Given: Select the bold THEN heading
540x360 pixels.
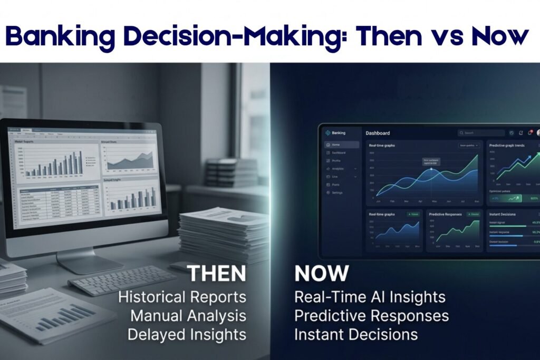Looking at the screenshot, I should (217, 273).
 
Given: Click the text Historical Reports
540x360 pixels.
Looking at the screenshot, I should (182, 297).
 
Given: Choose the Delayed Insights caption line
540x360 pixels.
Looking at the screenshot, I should (187, 334).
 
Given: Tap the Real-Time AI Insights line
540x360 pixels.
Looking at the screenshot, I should (370, 297).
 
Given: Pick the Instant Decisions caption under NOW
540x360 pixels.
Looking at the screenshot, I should (356, 334).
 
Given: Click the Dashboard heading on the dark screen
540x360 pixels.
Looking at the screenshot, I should (378, 133).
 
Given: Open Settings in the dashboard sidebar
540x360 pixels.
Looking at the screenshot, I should (337, 193).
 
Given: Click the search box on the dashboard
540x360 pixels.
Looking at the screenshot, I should (481, 133).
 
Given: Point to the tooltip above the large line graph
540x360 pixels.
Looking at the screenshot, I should (431, 161).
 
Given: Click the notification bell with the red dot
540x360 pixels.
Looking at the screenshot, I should (530, 133).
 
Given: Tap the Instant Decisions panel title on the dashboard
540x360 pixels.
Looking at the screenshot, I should (503, 215).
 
